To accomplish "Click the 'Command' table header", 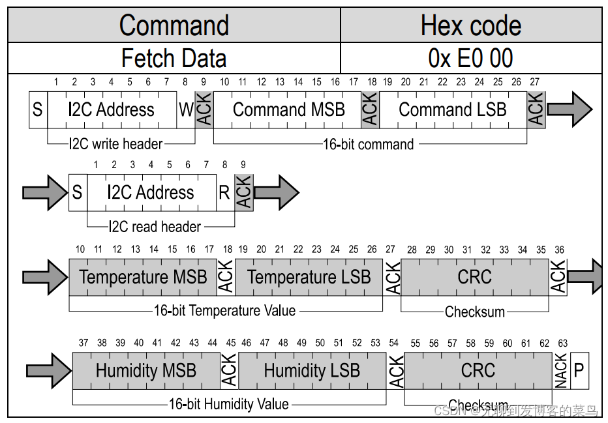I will coord(174,26).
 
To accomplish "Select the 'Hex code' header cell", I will coord(471,26).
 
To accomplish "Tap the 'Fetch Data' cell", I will coord(174,59).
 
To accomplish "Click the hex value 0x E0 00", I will coord(471,59).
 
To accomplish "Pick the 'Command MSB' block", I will coord(288,109).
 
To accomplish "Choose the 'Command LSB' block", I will coord(453,109).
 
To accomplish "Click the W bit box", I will coord(187,109).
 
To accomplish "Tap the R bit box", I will coord(225,193).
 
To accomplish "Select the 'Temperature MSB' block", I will coord(143,277).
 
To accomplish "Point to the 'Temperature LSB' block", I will coord(309,277).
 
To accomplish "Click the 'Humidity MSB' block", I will coord(146,371).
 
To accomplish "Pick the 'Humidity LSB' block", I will coord(312,371).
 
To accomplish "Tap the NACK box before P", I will coord(562,371).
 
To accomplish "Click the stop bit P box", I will coord(579,371).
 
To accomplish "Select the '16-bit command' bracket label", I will coord(369,144).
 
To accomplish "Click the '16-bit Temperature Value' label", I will coord(224,311).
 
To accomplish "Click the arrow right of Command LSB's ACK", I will coord(569,109).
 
